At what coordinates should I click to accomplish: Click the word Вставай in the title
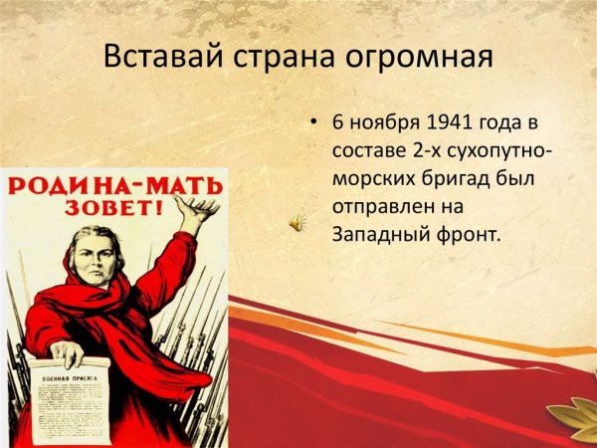(x=157, y=57)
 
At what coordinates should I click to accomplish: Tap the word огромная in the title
(x=417, y=57)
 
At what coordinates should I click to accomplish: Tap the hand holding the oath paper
(x=66, y=354)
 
